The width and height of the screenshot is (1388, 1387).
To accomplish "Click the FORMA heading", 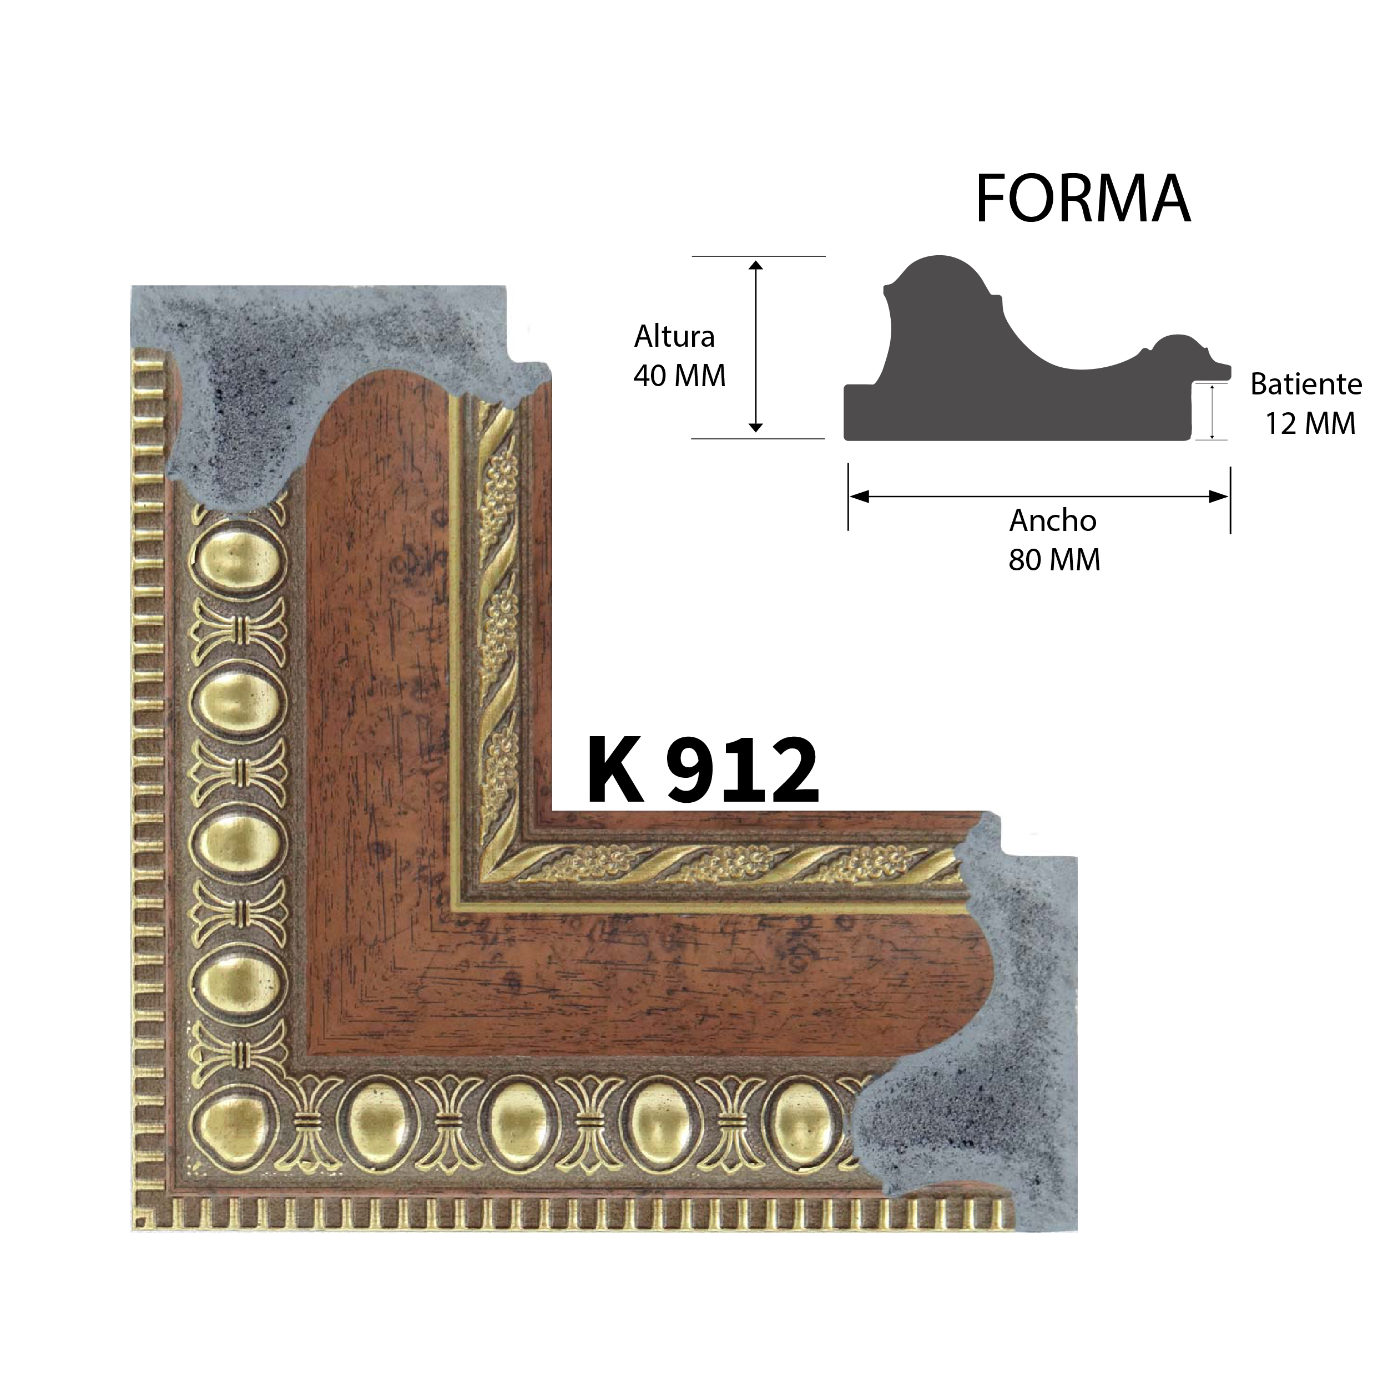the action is click(1083, 198).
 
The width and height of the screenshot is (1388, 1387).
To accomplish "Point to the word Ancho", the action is click(1053, 521).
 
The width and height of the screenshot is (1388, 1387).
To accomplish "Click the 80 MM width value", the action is click(1054, 560).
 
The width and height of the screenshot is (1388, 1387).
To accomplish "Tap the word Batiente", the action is click(1306, 385).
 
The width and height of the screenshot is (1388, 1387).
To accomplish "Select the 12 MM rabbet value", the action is click(1310, 424).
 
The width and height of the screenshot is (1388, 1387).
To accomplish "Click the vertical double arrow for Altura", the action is click(755, 347).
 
